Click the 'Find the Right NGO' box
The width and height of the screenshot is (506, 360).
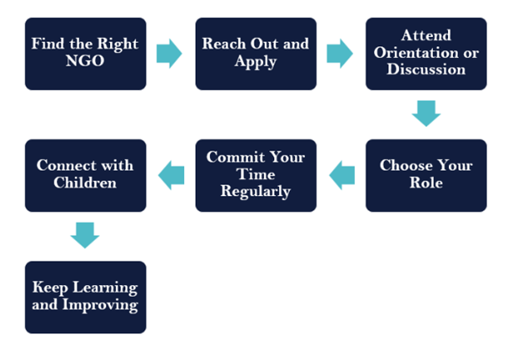pyautogui.click(x=86, y=54)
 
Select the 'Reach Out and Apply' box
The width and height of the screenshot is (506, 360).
pyautogui.click(x=256, y=54)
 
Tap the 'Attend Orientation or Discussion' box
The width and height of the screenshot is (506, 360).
pyautogui.click(x=425, y=54)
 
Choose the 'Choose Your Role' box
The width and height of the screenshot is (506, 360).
pyautogui.click(x=425, y=175)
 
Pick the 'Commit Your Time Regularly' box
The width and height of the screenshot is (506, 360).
pyautogui.click(x=256, y=175)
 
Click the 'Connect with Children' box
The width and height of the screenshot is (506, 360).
pyautogui.click(x=86, y=175)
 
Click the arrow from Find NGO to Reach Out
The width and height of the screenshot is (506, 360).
pyautogui.click(x=170, y=54)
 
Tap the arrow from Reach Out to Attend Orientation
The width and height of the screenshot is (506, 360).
pyautogui.click(x=340, y=54)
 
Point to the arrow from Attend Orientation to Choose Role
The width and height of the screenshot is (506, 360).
pyautogui.click(x=426, y=114)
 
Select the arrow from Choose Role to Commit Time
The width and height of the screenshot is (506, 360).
pyautogui.click(x=341, y=175)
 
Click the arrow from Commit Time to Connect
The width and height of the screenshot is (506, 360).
pyautogui.click(x=171, y=175)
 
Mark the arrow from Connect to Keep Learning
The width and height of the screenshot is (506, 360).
pyautogui.click(x=85, y=235)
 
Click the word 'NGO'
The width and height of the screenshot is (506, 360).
pyautogui.click(x=87, y=61)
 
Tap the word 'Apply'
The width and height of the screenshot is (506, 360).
pyautogui.click(x=256, y=61)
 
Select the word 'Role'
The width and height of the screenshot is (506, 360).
pyautogui.click(x=425, y=183)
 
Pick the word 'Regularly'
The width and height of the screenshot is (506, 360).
pyautogui.click(x=256, y=191)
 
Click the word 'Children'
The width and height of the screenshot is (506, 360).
pyautogui.click(x=86, y=183)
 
